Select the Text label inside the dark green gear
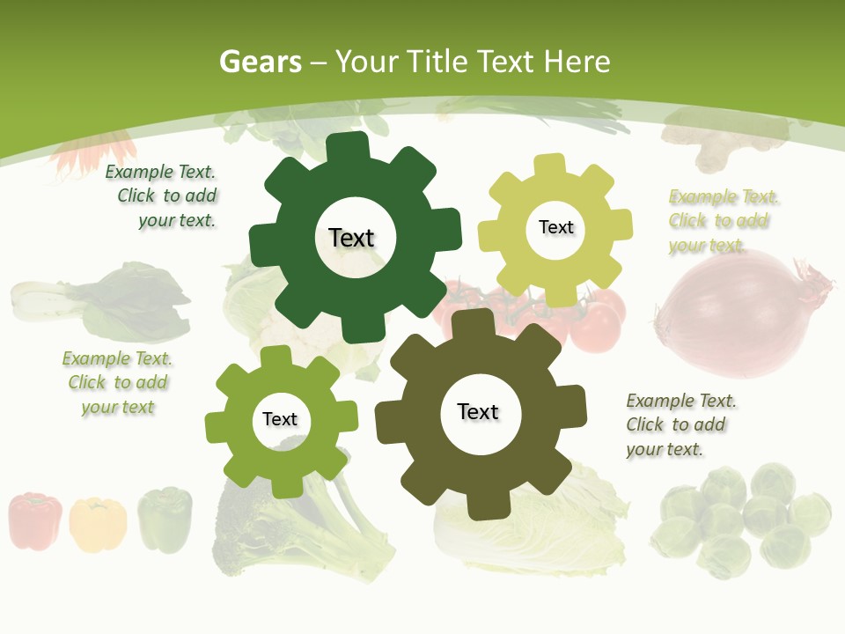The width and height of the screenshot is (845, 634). [x=351, y=238]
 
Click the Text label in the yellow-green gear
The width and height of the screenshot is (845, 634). [x=555, y=227]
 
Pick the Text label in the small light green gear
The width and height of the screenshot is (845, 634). [x=280, y=419]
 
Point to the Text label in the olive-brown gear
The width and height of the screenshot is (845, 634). [x=478, y=411]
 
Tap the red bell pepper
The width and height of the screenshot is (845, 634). [x=35, y=521]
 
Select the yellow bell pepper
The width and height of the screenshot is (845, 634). [x=98, y=524]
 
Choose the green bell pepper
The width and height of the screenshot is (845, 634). [x=165, y=520]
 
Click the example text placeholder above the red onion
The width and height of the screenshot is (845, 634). [x=723, y=221]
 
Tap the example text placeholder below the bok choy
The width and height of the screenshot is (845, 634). [x=117, y=383]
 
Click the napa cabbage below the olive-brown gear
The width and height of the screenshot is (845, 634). [x=528, y=528]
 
